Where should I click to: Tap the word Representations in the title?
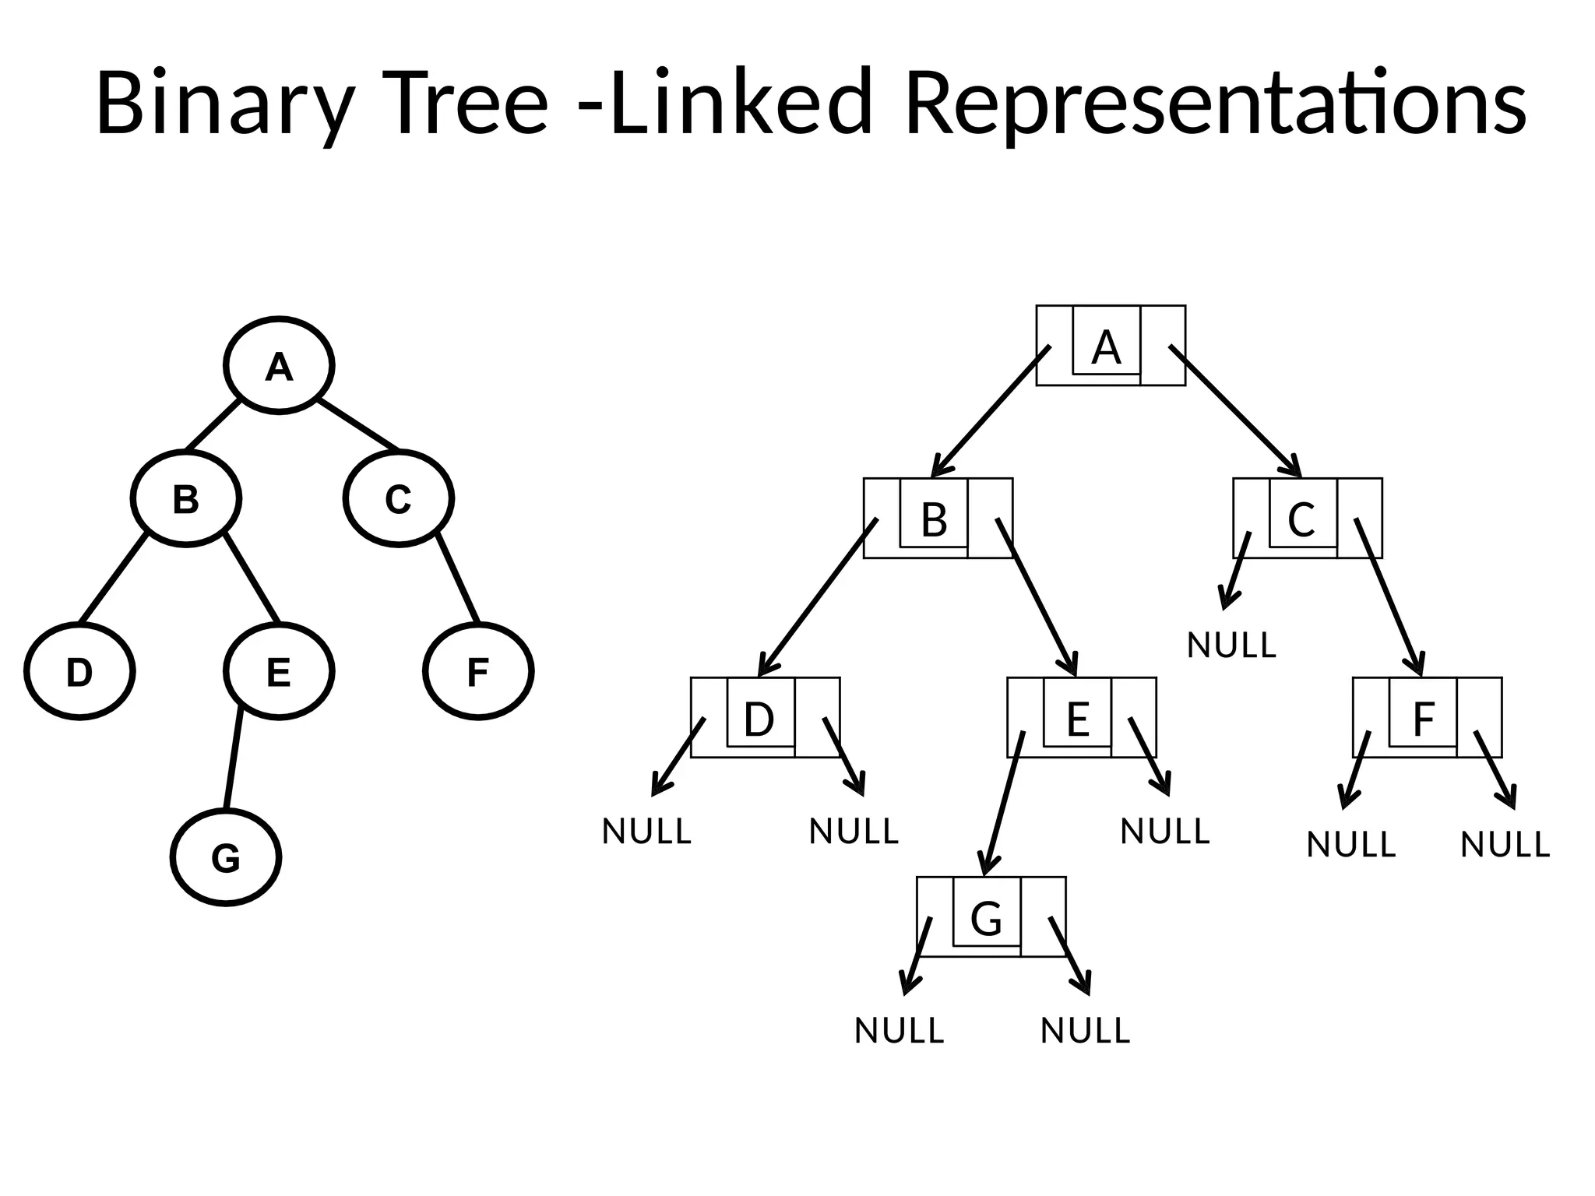click(x=1215, y=104)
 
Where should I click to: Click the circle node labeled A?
click(x=279, y=366)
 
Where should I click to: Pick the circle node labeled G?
click(x=226, y=857)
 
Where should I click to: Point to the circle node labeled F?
click(x=478, y=671)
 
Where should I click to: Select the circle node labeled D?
click(x=79, y=671)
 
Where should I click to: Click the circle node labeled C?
click(x=399, y=498)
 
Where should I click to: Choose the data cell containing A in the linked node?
click(x=1106, y=341)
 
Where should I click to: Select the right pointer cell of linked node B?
click(x=991, y=518)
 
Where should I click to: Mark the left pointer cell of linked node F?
click(x=1371, y=717)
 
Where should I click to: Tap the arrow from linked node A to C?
click(x=1234, y=410)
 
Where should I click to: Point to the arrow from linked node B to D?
click(x=818, y=596)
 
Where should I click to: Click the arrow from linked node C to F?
click(x=1389, y=596)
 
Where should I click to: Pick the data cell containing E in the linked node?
click(x=1077, y=713)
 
